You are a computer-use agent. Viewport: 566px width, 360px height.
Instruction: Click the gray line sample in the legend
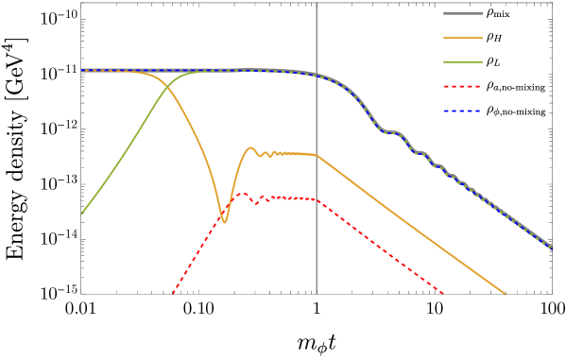coord(463,13)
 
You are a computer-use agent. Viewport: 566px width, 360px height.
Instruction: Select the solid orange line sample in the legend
coord(463,38)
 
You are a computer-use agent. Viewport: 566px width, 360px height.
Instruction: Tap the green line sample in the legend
coord(463,62)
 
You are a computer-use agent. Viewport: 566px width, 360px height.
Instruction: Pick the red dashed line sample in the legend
coord(463,87)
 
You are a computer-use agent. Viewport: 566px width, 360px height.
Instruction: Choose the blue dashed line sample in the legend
coord(463,111)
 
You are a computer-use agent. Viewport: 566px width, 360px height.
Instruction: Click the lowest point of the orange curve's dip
coord(224,222)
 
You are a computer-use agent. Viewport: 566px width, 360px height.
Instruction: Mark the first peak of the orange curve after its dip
coord(250,147)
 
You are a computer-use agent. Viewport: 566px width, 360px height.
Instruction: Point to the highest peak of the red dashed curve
coord(243,193)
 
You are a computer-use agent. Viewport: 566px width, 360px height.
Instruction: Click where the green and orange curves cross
coord(170,85)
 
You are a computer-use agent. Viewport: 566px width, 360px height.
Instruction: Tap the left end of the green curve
coord(81,214)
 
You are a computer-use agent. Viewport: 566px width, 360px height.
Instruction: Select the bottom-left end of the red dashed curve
coord(172,294)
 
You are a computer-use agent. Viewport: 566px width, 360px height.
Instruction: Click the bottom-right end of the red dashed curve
coord(443,293)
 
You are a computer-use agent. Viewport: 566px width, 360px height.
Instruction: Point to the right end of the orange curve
coord(506,294)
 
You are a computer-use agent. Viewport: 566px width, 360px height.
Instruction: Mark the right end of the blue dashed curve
coord(552,249)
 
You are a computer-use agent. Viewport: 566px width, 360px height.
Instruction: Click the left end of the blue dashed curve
coord(81,70)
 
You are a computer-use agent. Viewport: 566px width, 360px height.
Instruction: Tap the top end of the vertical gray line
coord(316,3)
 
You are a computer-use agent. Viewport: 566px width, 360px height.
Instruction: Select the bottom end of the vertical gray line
coord(316,294)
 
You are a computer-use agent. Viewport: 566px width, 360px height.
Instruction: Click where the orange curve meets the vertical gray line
coord(316,155)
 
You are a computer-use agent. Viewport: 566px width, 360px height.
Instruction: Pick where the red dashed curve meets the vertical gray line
coord(316,199)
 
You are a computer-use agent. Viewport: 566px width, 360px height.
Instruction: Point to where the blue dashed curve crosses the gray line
coord(316,75)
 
